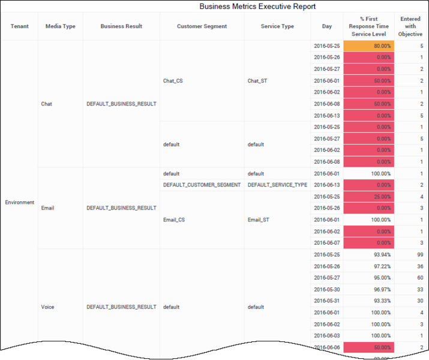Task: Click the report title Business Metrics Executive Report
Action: [257, 7]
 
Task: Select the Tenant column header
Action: [20, 26]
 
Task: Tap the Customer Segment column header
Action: [202, 26]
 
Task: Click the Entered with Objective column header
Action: [410, 26]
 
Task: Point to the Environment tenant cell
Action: [20, 202]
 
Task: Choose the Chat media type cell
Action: [47, 104]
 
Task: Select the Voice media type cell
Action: [47, 307]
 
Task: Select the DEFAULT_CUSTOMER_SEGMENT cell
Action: [202, 185]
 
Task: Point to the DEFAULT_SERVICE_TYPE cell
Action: [277, 185]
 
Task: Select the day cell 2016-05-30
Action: [326, 289]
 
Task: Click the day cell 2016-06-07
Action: [326, 243]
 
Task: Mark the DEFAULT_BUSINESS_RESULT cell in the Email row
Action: [121, 208]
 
